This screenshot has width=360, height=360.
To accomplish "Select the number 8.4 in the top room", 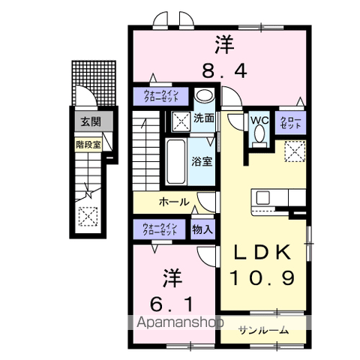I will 223,70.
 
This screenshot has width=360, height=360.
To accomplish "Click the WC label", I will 259,121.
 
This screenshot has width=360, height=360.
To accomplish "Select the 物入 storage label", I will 200,229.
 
